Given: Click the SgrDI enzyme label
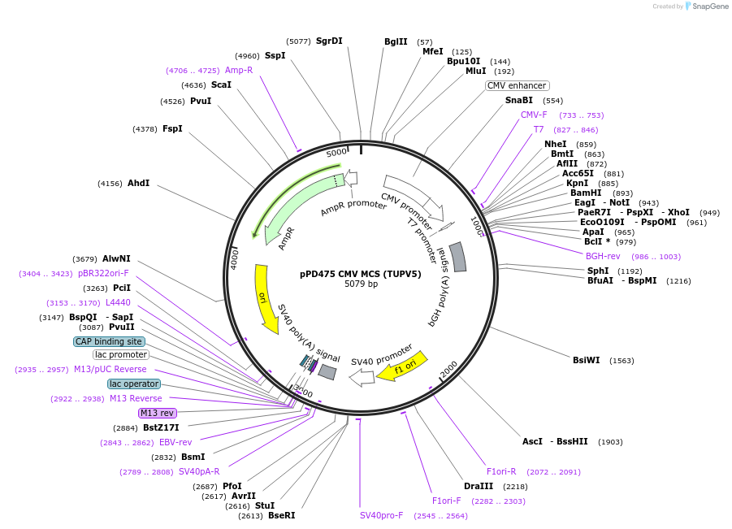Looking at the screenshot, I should (x=329, y=41).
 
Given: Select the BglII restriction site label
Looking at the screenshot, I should (x=396, y=41).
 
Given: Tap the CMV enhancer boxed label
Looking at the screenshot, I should (x=518, y=85).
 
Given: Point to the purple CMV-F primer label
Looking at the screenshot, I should (x=534, y=115).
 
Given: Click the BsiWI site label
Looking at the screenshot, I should (x=586, y=360).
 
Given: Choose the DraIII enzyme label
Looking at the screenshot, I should (x=479, y=486).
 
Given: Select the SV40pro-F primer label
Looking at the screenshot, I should (x=382, y=515).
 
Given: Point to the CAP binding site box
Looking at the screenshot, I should (x=109, y=341).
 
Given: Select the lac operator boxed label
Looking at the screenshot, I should (x=134, y=384).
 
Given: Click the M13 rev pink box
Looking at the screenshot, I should (x=157, y=413).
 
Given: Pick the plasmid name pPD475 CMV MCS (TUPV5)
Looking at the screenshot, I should (x=361, y=274).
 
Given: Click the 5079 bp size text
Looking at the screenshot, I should (x=361, y=284).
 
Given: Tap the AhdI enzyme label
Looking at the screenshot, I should (x=138, y=183).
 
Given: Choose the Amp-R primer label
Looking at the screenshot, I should (x=239, y=70).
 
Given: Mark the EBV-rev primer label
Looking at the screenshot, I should (x=175, y=442).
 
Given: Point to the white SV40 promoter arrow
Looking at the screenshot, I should (x=362, y=377).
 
